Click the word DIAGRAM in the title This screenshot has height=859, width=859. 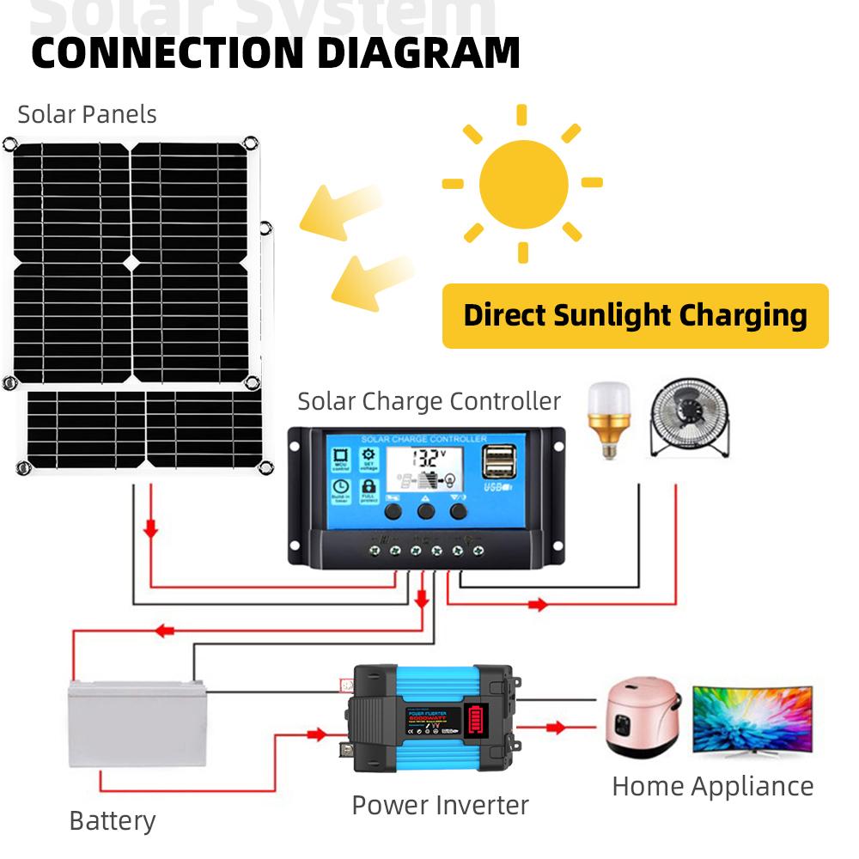point(418,52)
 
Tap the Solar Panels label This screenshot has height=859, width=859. point(87,114)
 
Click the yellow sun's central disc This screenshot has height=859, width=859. point(523,183)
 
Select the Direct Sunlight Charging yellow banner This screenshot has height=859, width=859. point(635,315)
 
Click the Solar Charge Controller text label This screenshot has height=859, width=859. point(429,401)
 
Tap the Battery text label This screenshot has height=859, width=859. point(112,820)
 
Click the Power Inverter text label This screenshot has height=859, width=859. point(440,805)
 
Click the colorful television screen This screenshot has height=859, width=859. point(752,718)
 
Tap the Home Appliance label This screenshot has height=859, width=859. point(712,786)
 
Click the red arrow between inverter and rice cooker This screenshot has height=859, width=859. point(556,728)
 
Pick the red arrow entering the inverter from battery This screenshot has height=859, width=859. point(316,734)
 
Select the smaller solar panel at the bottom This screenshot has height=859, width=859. point(144,429)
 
